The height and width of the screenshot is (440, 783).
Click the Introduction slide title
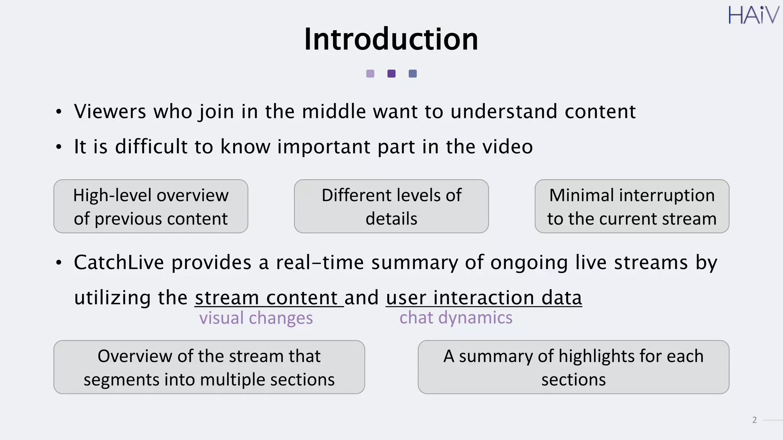coord(391,39)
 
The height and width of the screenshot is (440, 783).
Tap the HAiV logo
coord(753,15)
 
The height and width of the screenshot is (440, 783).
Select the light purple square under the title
coord(370,74)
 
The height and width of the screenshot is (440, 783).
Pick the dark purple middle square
coord(391,74)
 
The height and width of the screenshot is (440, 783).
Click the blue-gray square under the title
coord(413,74)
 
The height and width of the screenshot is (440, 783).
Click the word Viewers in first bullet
coord(110,112)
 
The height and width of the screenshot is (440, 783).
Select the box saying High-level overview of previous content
coord(151,206)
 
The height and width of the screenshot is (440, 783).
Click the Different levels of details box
coord(391,206)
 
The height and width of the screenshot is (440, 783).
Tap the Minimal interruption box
coord(632,206)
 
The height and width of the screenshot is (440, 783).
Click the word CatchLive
coord(119,263)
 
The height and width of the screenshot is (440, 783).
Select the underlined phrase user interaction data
coord(484,298)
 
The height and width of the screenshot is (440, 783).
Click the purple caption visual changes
coord(256,318)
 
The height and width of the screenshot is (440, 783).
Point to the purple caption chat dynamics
coord(456,318)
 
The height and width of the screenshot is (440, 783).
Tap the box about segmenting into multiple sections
coord(209,367)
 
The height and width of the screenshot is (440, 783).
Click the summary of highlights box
coord(573,367)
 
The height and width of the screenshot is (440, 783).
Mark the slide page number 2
coord(754,420)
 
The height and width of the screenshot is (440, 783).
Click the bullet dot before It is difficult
coord(58,147)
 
